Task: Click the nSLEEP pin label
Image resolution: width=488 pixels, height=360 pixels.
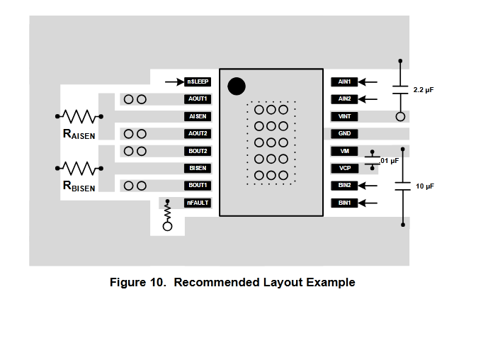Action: coord(197,81)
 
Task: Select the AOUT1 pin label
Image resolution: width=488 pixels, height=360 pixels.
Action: coord(197,99)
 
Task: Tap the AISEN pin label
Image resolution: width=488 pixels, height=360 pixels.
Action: coord(197,116)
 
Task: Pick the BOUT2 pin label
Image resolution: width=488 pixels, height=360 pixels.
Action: coord(197,151)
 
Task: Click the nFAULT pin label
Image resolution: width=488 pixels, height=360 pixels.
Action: coord(197,203)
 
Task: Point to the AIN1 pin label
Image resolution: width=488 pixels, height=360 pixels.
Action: coord(345,81)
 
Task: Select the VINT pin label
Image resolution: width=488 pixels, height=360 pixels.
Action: coord(345,116)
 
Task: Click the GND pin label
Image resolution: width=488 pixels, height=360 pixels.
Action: coord(345,133)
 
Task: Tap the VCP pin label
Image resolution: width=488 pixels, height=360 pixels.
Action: coord(345,168)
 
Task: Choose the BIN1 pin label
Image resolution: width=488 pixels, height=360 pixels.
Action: coord(345,203)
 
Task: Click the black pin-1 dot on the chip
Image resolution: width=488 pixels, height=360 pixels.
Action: coord(237,86)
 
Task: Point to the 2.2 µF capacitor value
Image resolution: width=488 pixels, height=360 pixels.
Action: coord(424,91)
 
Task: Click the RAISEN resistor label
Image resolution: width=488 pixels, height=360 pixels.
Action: coord(79,134)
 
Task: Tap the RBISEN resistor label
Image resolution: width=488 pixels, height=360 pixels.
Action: coord(79,186)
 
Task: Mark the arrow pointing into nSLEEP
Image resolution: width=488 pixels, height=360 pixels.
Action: coord(173,81)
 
